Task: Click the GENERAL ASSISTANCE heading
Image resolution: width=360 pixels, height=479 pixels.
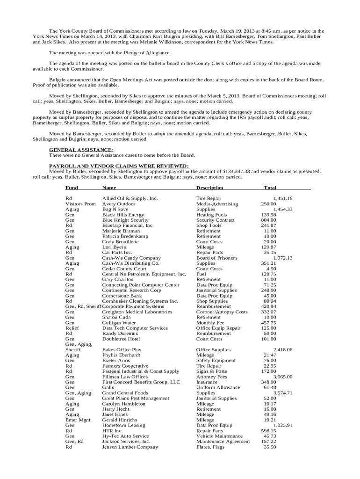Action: point(81,150)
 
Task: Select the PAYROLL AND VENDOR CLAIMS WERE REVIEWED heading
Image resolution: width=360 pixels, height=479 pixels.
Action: point(119,166)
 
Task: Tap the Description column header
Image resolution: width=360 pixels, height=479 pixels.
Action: point(209,188)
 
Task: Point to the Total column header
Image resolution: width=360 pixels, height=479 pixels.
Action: point(270,188)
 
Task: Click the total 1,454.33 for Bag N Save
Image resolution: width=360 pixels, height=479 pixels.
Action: point(283,209)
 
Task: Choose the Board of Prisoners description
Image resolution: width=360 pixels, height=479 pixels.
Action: point(216,258)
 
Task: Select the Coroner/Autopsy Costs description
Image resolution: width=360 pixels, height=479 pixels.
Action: point(222,312)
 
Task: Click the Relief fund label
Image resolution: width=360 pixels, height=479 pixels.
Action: point(72,328)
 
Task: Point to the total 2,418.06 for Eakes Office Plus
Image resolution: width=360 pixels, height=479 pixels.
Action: point(283,349)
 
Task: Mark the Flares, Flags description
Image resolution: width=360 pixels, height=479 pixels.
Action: point(210,447)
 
